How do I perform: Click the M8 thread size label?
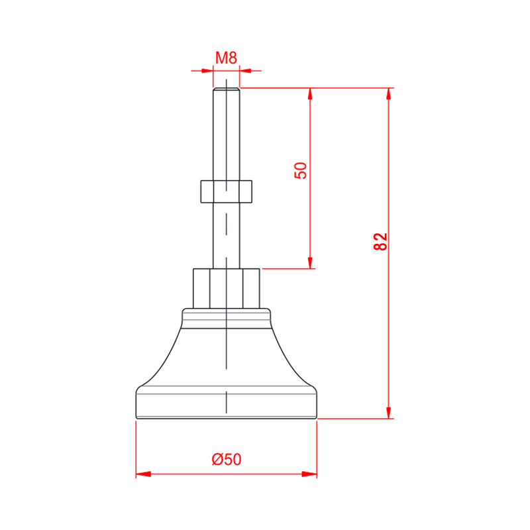226,58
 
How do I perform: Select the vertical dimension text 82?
380,241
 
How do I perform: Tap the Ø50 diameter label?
227,459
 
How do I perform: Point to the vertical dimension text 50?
301,170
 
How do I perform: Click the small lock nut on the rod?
226,191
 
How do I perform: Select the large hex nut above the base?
227,288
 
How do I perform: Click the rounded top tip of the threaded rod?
227,89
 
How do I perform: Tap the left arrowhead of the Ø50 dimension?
143,474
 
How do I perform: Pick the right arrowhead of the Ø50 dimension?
309,474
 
